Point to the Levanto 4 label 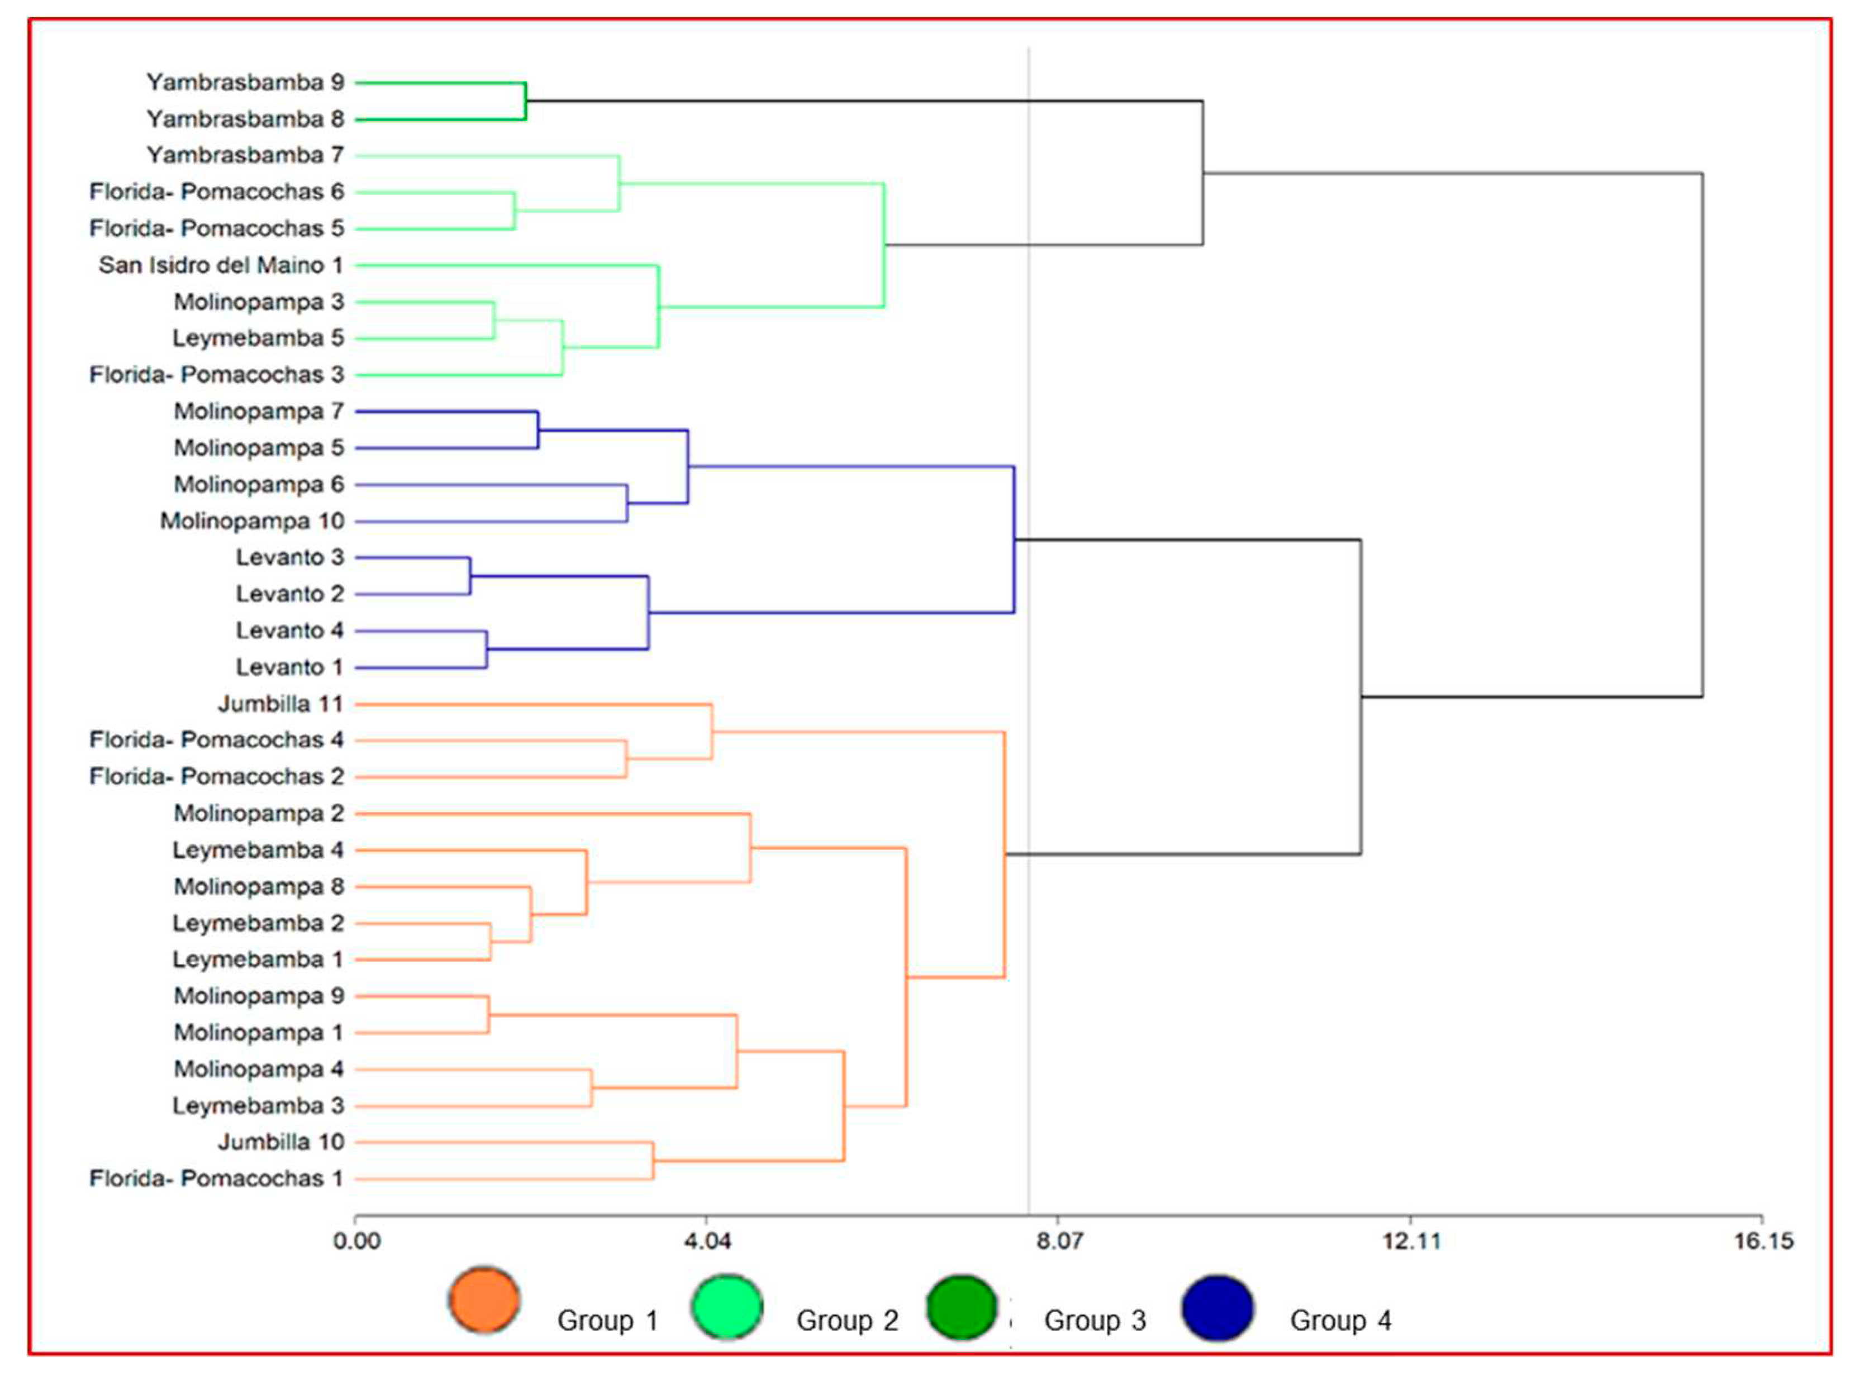(x=289, y=630)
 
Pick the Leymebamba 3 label (x=258, y=1105)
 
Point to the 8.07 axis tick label (x=1059, y=1240)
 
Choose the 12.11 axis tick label (x=1411, y=1240)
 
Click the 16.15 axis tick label (x=1763, y=1240)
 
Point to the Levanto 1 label (x=289, y=667)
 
